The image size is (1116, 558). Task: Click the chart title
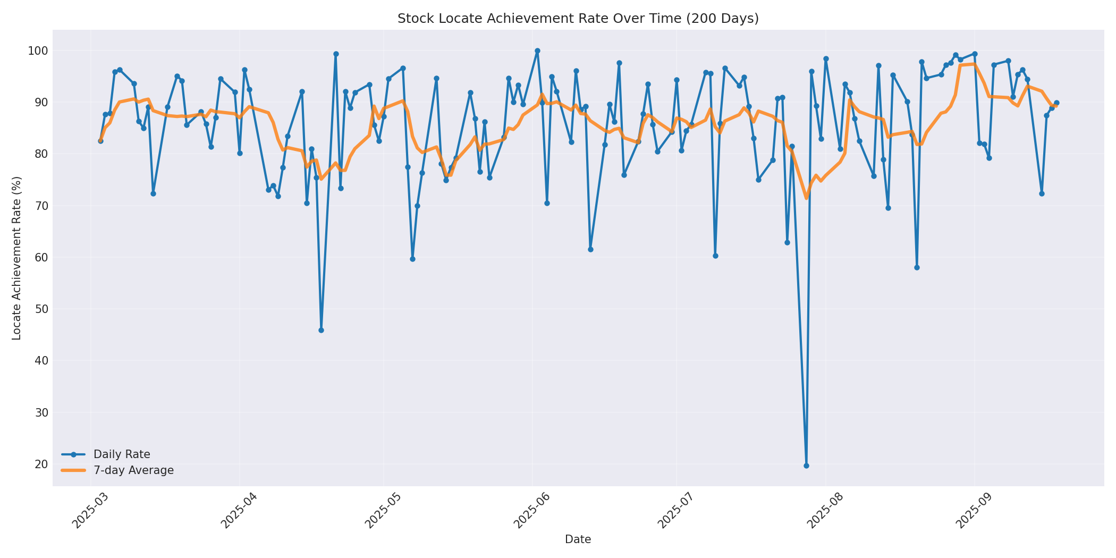578,19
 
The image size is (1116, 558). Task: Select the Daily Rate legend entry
122,454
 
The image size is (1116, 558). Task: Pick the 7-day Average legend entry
133,470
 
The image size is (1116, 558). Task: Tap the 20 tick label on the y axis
41,464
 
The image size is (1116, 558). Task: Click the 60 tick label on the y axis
41,258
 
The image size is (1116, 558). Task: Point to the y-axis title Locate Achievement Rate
17,258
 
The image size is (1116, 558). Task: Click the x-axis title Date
578,540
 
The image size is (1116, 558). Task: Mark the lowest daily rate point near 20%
806,466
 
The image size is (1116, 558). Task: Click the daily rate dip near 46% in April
321,330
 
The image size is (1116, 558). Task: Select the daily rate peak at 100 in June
537,51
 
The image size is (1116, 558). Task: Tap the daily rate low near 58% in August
917,267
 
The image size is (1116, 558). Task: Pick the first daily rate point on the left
100,141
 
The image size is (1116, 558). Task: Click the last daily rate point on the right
1056,103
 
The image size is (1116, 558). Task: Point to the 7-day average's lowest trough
806,198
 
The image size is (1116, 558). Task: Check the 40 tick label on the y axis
41,361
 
